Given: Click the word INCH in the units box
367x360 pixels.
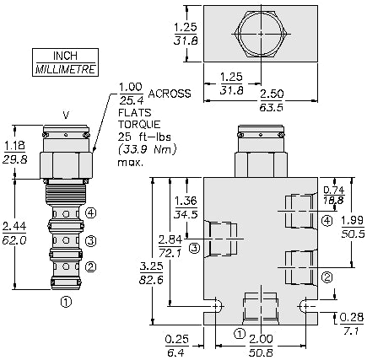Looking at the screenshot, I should point(64,56).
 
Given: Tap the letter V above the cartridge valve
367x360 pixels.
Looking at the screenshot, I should point(66,116).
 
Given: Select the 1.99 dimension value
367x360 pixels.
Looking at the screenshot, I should point(352,221).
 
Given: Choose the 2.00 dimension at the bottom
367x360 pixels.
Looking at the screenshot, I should point(260,338).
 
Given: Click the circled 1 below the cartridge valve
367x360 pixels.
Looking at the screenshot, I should point(66,298).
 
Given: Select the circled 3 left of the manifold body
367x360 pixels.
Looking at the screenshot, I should point(194,247).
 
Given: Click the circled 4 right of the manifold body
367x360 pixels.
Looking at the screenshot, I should point(327,221).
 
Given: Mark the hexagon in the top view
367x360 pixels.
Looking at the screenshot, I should point(261,33).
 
